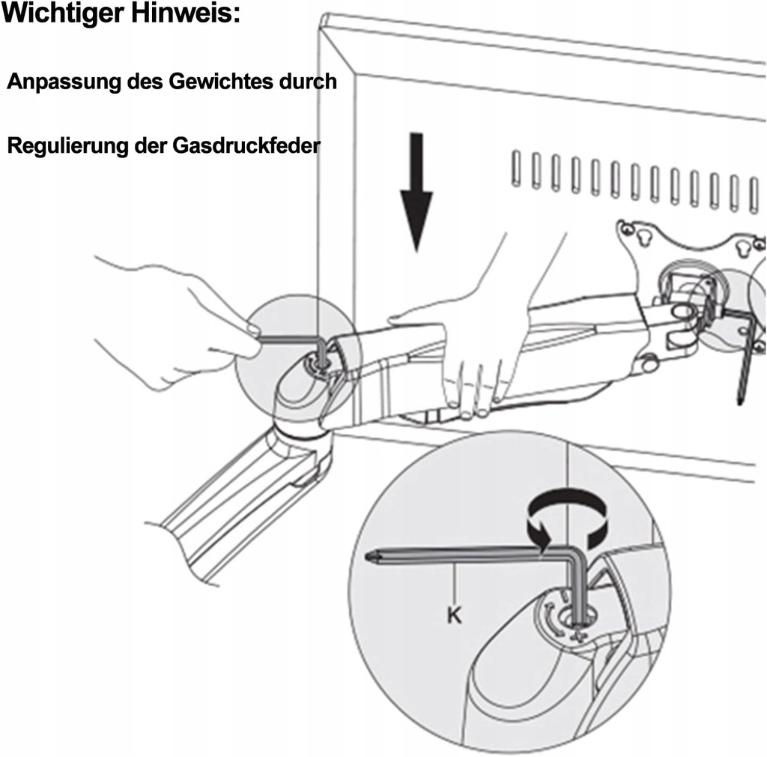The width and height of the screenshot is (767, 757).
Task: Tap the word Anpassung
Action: pyautogui.click(x=64, y=83)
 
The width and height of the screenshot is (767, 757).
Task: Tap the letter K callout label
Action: pyautogui.click(x=454, y=616)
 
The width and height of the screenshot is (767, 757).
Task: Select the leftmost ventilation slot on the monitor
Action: pyautogui.click(x=517, y=169)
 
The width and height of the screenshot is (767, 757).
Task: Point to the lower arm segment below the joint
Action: pyautogui.click(x=240, y=502)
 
